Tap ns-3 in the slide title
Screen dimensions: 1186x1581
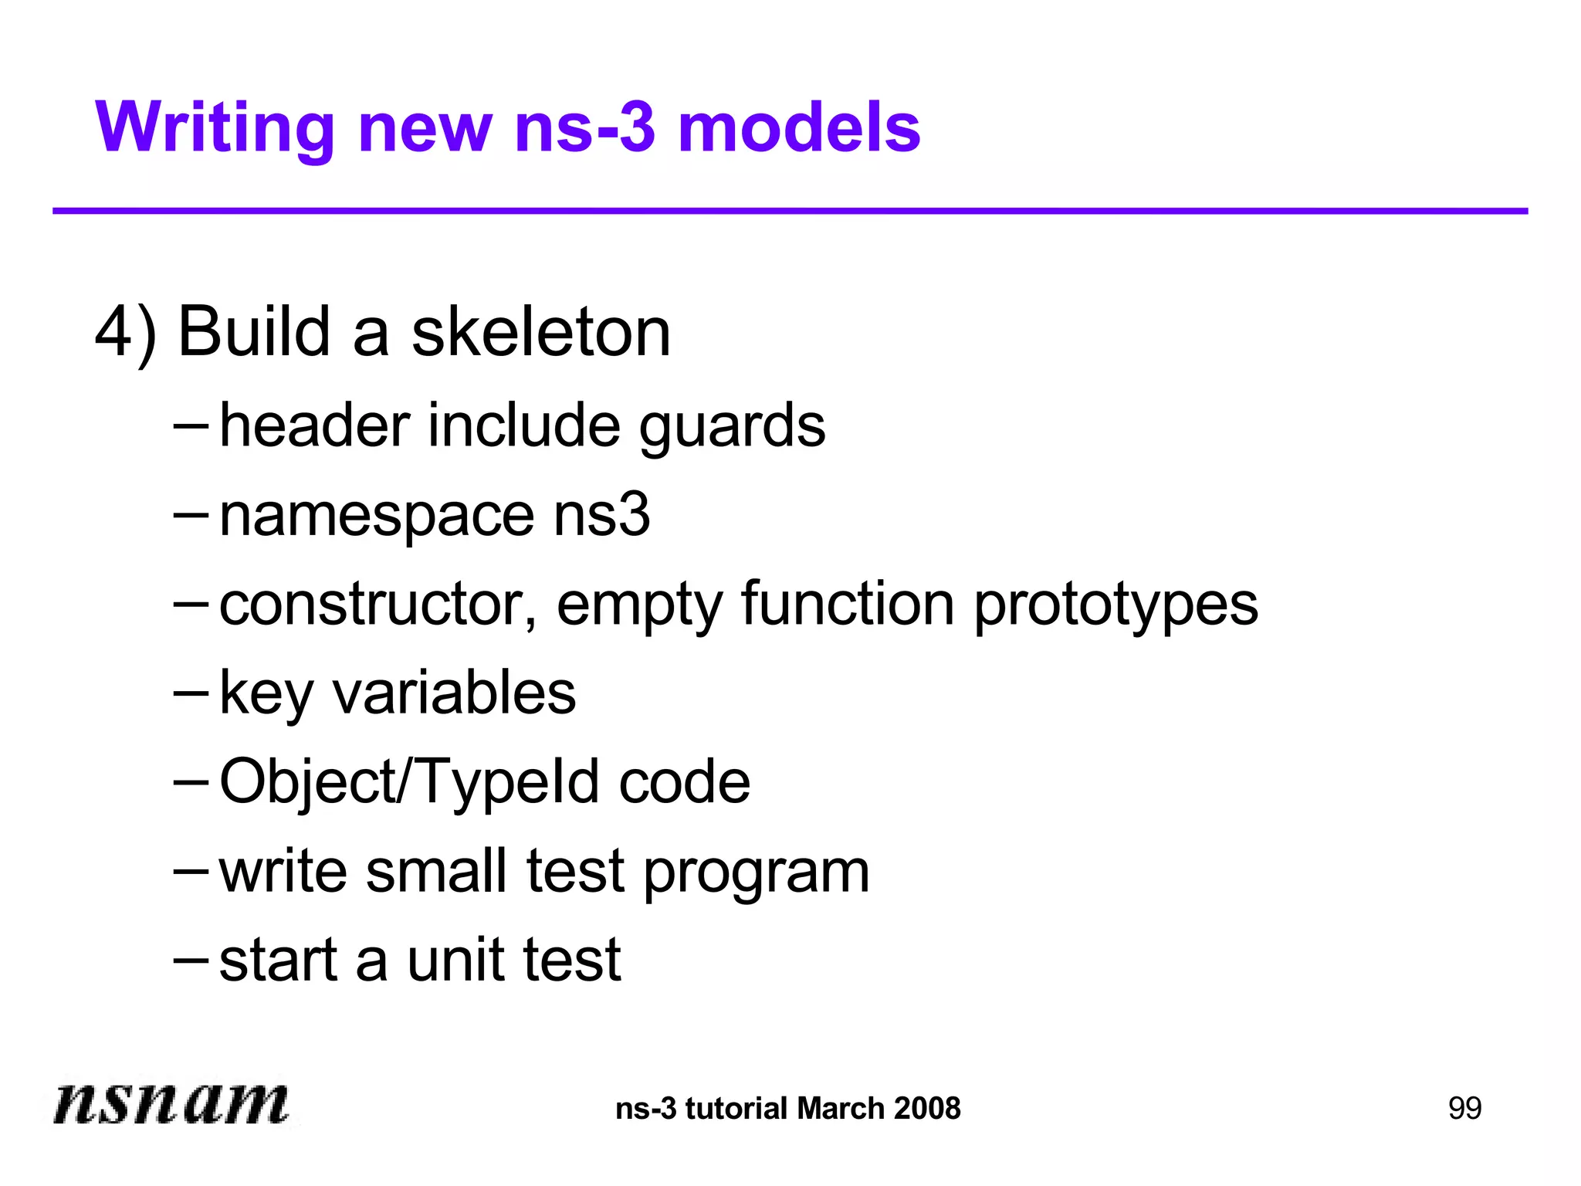click(x=584, y=128)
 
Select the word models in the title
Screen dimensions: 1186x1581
click(x=799, y=128)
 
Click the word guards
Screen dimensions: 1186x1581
click(x=732, y=427)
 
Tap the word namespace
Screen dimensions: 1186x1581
click(x=377, y=516)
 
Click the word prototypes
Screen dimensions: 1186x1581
click(x=1116, y=606)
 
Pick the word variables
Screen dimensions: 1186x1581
click(x=454, y=693)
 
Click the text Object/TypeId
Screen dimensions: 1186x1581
click(x=409, y=782)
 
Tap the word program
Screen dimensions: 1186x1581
click(x=757, y=873)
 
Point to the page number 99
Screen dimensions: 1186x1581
click(x=1464, y=1109)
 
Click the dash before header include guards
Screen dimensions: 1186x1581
click(x=191, y=425)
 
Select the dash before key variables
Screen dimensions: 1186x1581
click(x=191, y=692)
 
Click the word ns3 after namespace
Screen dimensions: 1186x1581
click(x=601, y=516)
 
